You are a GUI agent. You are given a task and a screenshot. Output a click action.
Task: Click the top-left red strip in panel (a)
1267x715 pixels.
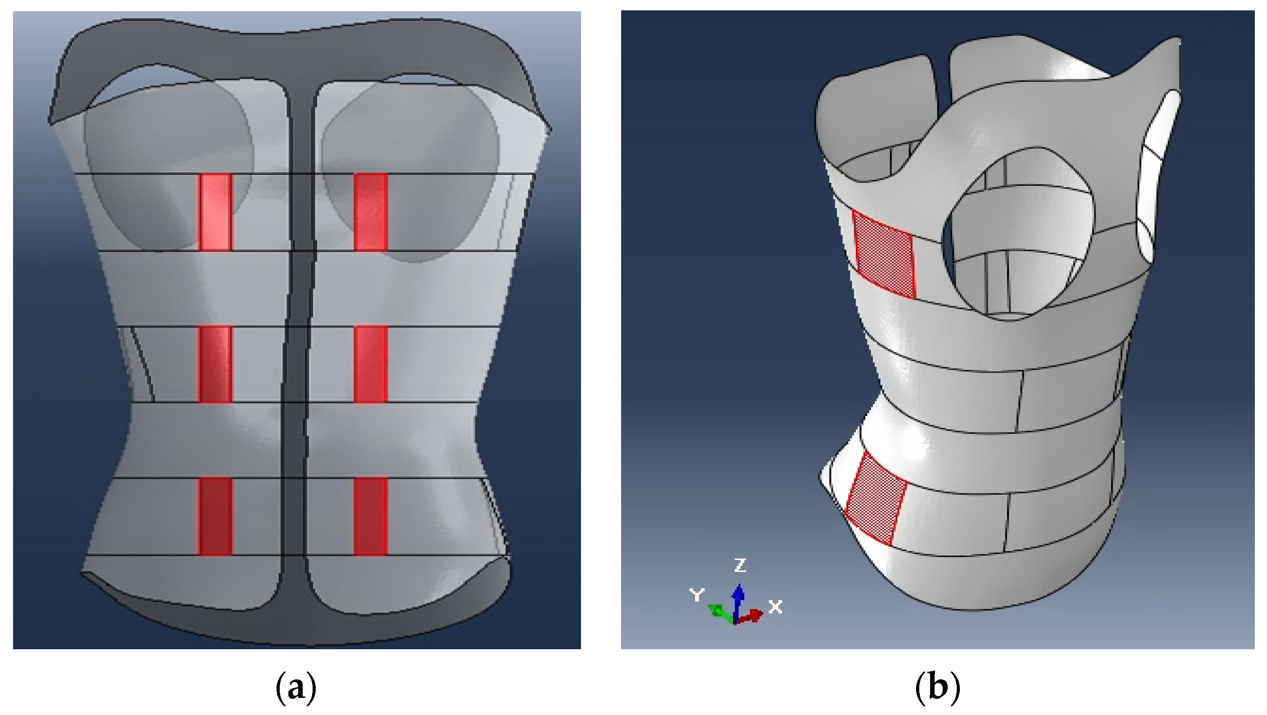coord(215,212)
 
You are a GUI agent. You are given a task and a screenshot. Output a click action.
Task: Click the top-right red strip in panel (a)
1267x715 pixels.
coord(371,212)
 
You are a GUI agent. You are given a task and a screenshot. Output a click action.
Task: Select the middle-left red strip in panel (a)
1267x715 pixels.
coord(215,364)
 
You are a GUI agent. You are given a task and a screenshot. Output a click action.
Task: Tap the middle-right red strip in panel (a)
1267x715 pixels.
coord(371,364)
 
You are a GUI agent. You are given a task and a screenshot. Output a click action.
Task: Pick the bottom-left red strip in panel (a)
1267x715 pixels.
coord(215,516)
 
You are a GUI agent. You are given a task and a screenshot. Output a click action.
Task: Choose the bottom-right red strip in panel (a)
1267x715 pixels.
coord(371,516)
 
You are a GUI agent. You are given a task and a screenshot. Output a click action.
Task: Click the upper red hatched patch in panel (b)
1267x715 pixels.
coord(884,255)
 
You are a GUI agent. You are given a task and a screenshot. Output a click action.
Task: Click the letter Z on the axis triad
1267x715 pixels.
coord(740,565)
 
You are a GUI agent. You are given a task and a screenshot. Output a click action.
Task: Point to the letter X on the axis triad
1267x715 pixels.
coord(775,607)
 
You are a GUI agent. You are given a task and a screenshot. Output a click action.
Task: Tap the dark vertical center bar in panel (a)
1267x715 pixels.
coord(298,345)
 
